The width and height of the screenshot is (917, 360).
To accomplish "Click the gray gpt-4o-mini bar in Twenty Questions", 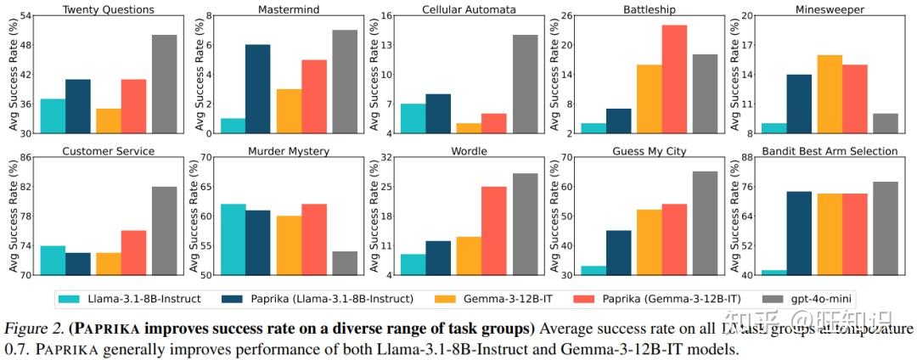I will click(x=165, y=84).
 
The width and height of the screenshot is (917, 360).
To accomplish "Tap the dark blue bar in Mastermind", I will click(x=258, y=89).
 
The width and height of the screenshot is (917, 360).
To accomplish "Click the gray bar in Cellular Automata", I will click(x=525, y=84).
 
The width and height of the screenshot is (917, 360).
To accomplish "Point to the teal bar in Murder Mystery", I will click(x=233, y=239).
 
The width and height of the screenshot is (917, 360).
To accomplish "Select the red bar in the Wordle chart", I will click(x=494, y=231).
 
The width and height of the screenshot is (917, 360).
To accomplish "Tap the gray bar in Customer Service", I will click(x=165, y=231).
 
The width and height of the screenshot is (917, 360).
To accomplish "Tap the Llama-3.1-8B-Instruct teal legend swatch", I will click(x=73, y=298).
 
